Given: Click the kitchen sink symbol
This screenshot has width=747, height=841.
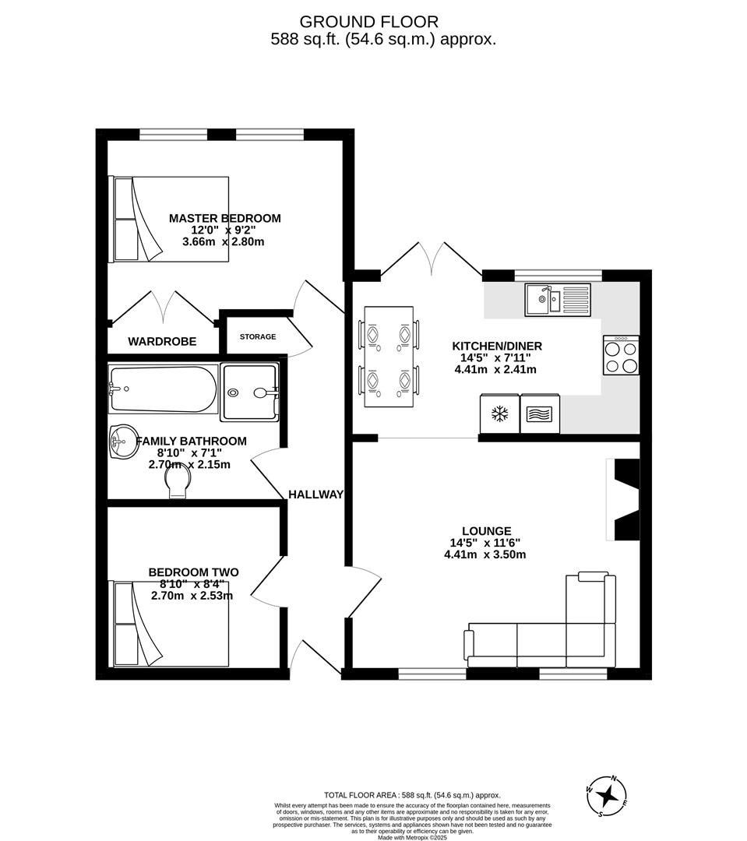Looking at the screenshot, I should (x=557, y=299).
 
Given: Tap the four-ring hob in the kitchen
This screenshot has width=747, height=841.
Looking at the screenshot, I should (x=621, y=357).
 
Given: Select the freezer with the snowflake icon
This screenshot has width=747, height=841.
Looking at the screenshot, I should (x=499, y=413).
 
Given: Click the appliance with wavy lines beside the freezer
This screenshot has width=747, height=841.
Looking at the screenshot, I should (x=539, y=413).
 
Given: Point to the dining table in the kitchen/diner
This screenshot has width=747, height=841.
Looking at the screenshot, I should (x=389, y=357).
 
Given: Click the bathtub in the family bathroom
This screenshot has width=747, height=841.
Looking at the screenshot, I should (x=163, y=389).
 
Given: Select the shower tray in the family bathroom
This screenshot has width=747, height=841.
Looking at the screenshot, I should (x=250, y=392).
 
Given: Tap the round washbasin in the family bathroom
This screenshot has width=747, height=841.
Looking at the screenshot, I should (x=122, y=443).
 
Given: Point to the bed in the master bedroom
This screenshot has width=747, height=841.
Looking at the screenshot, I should (x=171, y=219).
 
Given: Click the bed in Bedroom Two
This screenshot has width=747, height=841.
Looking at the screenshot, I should (x=171, y=623).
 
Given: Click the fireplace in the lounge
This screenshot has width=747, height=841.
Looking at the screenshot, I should (x=625, y=500).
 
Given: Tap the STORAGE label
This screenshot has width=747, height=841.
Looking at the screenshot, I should (x=257, y=336).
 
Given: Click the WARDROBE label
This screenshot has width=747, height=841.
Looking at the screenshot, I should (x=162, y=341).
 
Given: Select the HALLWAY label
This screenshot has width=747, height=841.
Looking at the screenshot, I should (x=315, y=494).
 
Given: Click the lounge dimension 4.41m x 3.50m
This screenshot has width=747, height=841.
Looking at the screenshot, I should (x=488, y=555).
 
